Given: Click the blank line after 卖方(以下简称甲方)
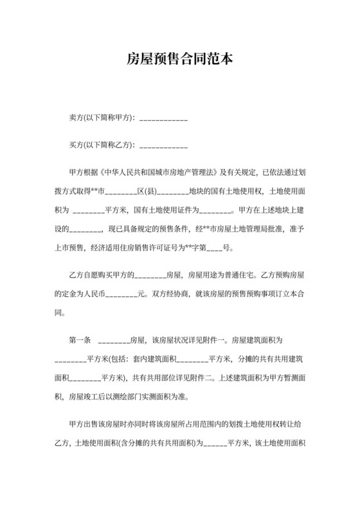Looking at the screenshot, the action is pyautogui.click(x=163, y=120).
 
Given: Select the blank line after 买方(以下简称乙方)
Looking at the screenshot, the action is pyautogui.click(x=163, y=147).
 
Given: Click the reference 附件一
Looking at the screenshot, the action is pyautogui.click(x=213, y=340).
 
